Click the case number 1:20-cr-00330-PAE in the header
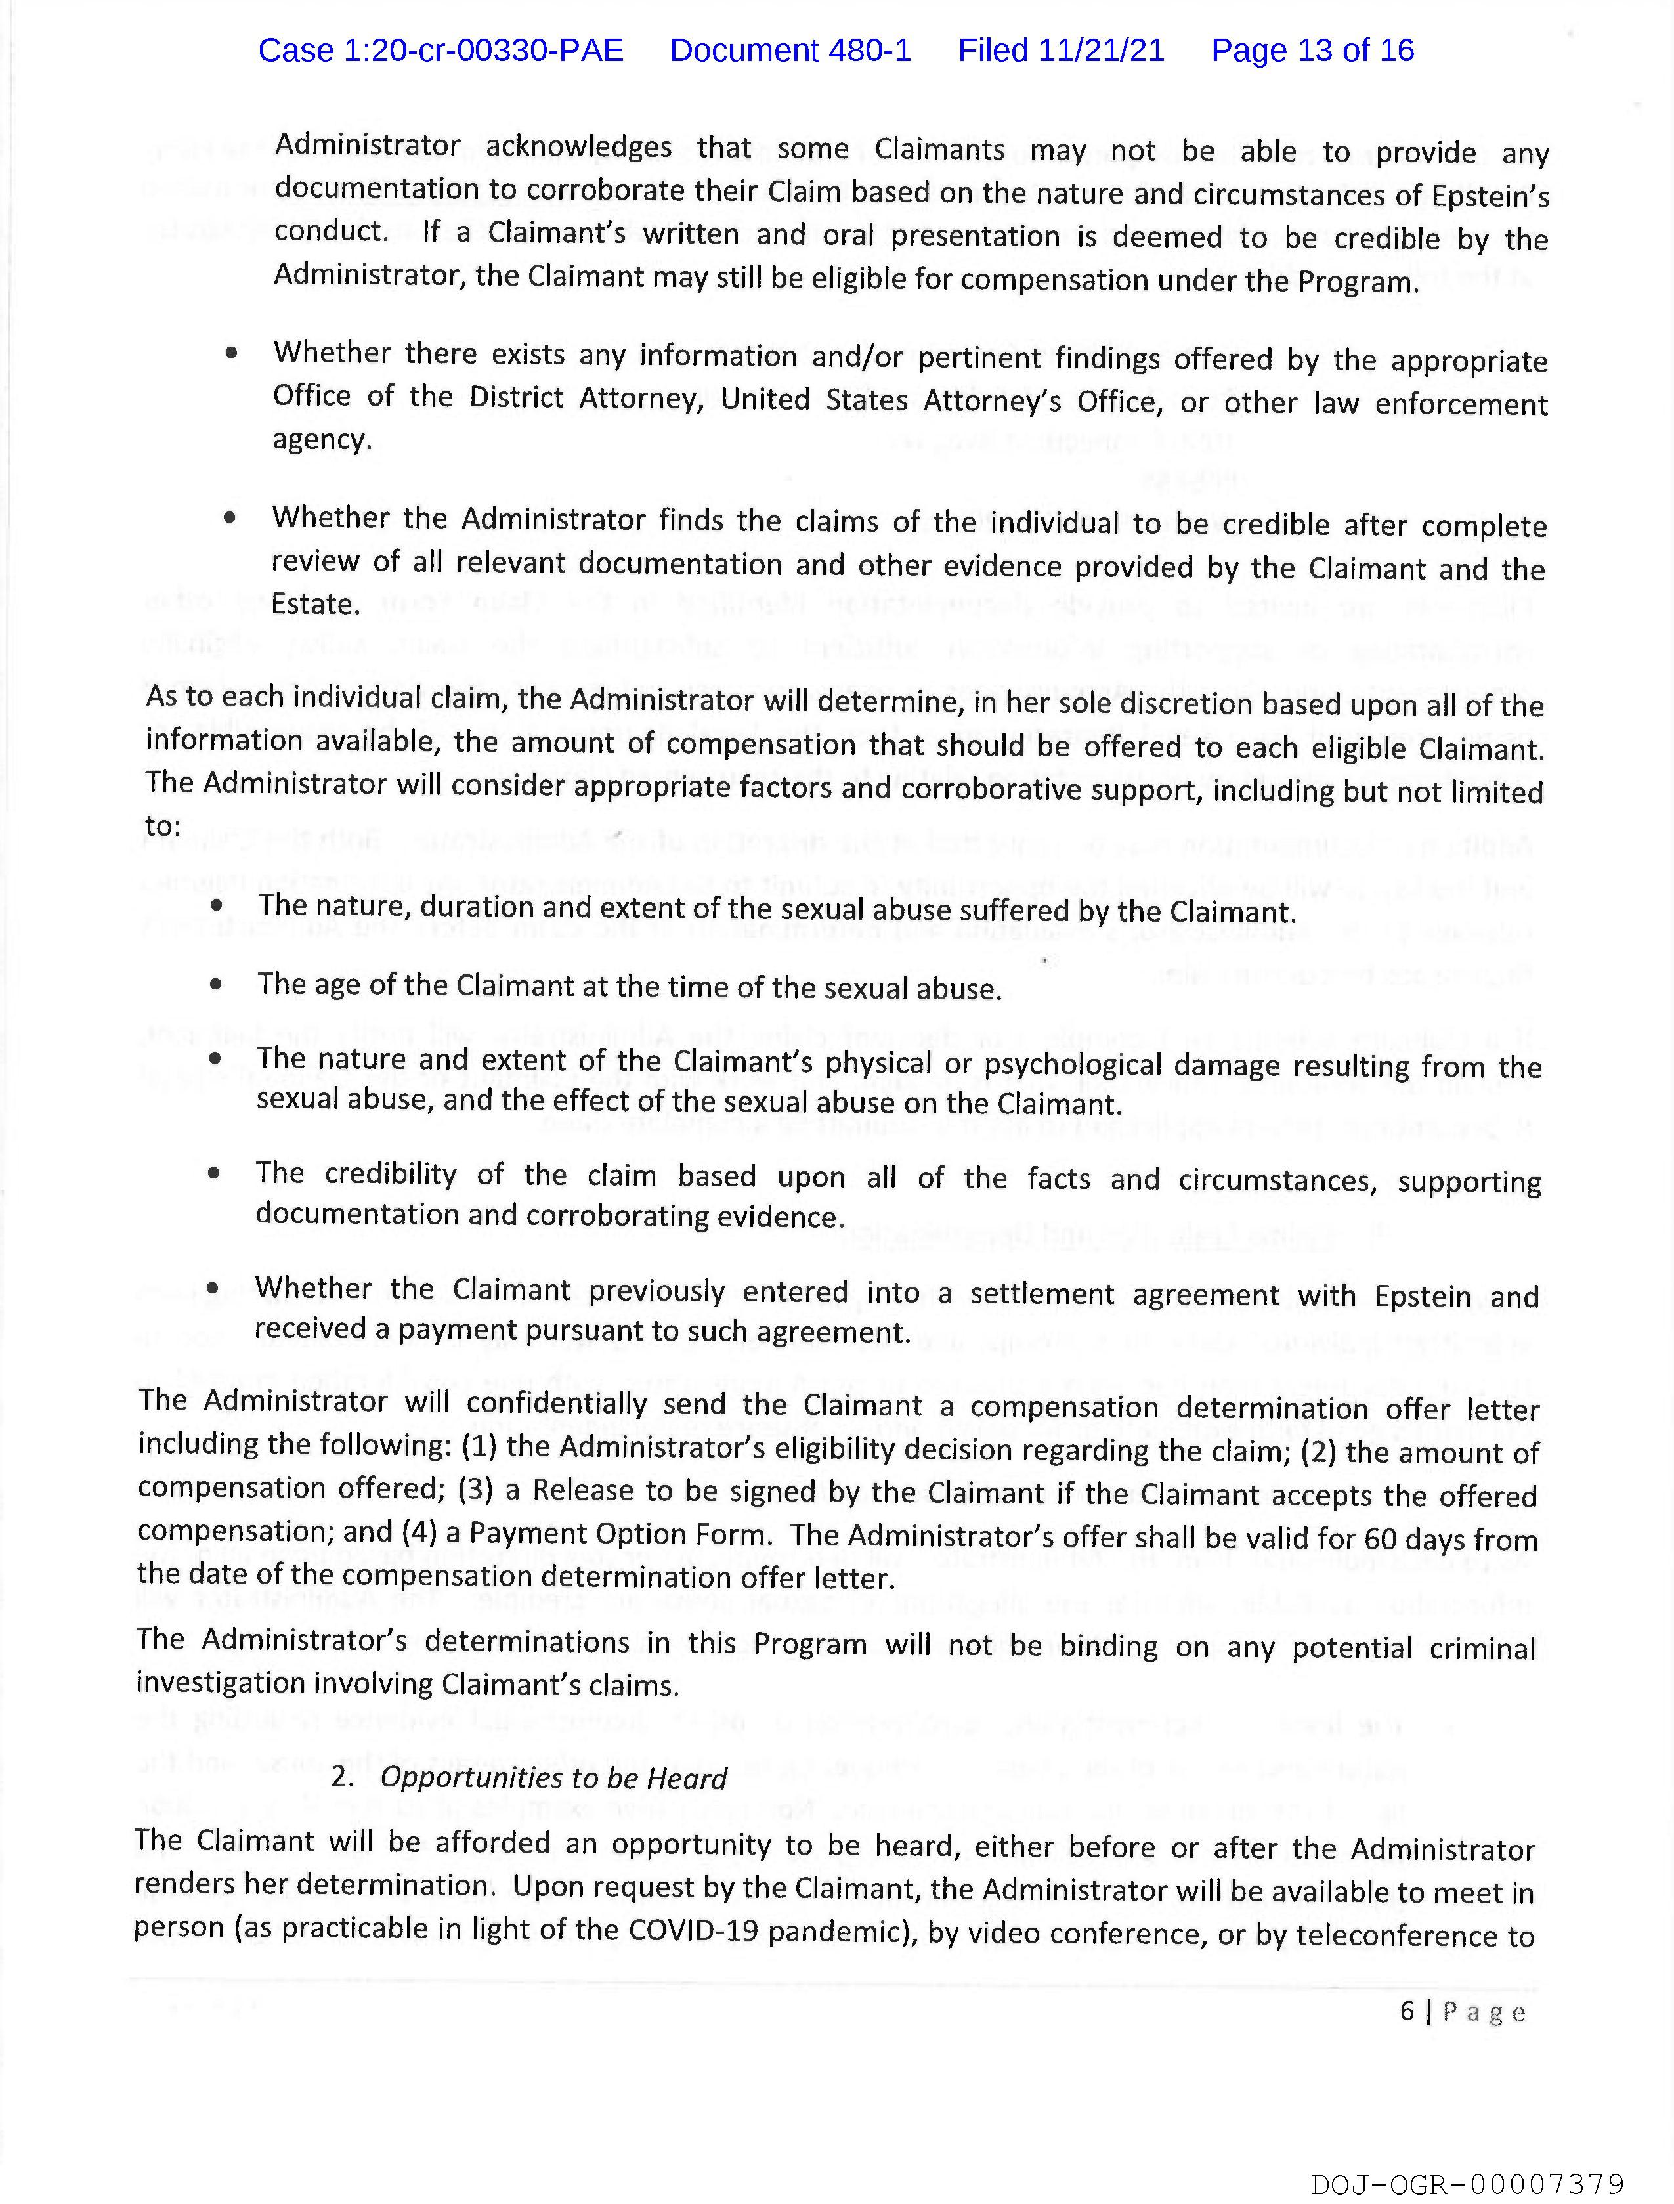[x=440, y=50]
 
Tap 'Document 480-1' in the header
[x=790, y=50]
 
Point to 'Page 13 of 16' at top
[x=1312, y=50]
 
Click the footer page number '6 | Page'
[x=1462, y=2011]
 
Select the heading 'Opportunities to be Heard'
[x=554, y=1779]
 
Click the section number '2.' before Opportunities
[x=343, y=1777]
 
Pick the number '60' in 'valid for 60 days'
[x=1380, y=1540]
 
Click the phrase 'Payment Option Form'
[x=623, y=1532]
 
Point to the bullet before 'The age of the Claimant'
[x=216, y=984]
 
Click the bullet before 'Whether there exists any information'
[x=231, y=353]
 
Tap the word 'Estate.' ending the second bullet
[x=316, y=604]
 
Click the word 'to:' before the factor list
[x=163, y=825]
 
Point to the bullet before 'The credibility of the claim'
[x=214, y=1174]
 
